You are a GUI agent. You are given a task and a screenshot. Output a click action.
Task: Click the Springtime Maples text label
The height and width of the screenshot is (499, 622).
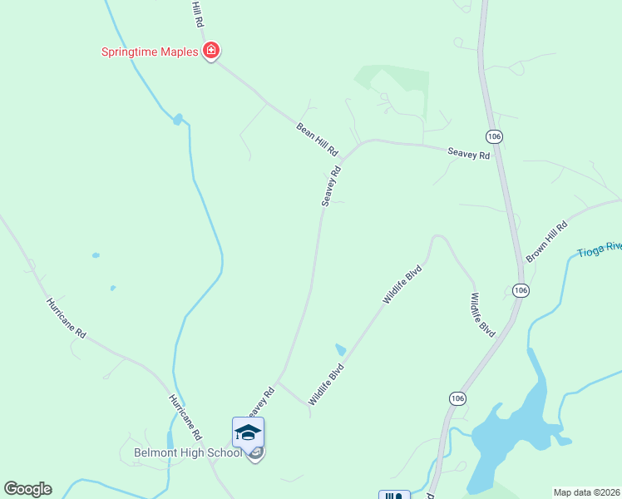[x=150, y=52]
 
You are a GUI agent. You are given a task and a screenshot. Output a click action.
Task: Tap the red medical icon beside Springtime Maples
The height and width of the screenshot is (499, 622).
[x=211, y=52]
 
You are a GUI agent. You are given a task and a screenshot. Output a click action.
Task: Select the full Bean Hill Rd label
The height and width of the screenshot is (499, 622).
[x=318, y=139]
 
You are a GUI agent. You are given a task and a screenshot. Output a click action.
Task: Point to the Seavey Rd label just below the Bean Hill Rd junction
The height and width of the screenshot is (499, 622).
[x=332, y=186]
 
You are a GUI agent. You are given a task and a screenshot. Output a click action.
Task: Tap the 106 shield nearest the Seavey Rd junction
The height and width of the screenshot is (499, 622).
[x=495, y=136]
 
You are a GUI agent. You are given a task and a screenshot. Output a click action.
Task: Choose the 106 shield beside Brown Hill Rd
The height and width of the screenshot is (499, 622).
[x=521, y=289]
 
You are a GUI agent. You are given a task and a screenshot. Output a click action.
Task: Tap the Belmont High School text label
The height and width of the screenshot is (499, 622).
[x=188, y=453]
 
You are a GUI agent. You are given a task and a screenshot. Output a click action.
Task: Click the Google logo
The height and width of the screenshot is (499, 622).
[x=27, y=488]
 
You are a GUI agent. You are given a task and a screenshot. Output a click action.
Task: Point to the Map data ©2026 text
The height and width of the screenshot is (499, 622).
[x=586, y=492]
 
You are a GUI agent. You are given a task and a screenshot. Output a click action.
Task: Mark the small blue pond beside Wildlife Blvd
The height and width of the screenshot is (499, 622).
[x=339, y=349]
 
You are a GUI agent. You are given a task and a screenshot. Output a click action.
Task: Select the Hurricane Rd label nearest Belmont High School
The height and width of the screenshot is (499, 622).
[x=185, y=417]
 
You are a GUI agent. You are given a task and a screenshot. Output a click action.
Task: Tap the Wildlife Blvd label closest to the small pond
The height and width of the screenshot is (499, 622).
[x=326, y=383]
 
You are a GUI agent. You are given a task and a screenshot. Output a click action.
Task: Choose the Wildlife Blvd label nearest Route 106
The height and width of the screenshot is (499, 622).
[x=483, y=313]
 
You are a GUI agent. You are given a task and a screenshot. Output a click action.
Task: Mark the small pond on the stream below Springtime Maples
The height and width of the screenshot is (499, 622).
[x=177, y=120]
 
